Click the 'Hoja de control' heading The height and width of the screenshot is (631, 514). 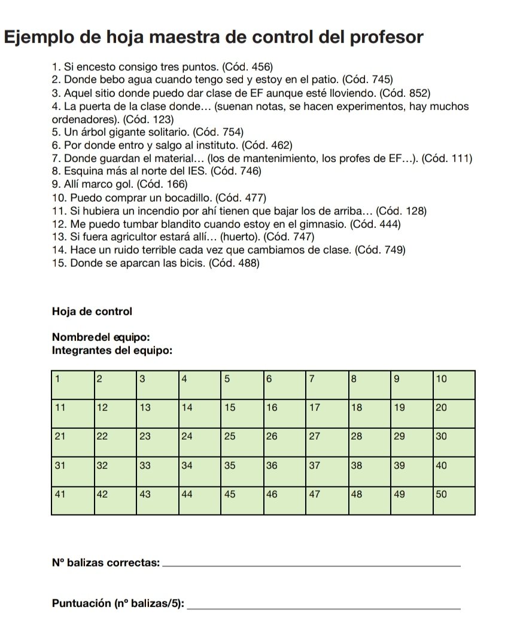click(92, 312)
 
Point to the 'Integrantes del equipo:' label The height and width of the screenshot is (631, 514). click(112, 351)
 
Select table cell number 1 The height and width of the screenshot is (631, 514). click(72, 385)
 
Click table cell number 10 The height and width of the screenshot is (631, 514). click(453, 385)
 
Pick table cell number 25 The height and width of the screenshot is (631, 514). click(242, 443)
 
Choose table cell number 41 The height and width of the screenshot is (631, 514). click(72, 500)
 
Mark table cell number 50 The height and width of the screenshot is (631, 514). click(453, 500)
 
